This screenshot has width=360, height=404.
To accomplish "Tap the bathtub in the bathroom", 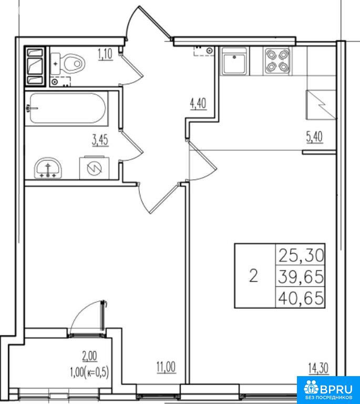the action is [x=67, y=108].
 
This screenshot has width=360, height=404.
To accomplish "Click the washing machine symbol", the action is [x=94, y=168].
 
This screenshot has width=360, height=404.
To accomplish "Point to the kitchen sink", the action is [x=234, y=62].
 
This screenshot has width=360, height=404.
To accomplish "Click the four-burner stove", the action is [x=277, y=61].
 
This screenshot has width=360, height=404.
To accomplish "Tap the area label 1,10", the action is [x=105, y=55].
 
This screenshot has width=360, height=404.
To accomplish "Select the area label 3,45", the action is [x=100, y=140].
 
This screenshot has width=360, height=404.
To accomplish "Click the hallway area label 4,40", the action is [x=198, y=104].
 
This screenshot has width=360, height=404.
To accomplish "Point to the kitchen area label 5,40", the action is [x=314, y=137].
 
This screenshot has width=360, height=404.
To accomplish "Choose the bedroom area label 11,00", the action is [x=166, y=367].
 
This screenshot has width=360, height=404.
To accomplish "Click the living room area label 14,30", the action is [x=318, y=368].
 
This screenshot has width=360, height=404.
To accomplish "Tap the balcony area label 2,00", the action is [x=89, y=357].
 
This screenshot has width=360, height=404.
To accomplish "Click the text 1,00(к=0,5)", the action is [x=89, y=372].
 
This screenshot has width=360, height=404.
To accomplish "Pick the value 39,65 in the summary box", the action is [x=301, y=277].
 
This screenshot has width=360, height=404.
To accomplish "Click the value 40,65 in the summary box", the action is [x=301, y=298].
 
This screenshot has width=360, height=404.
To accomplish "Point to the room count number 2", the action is [x=254, y=276].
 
